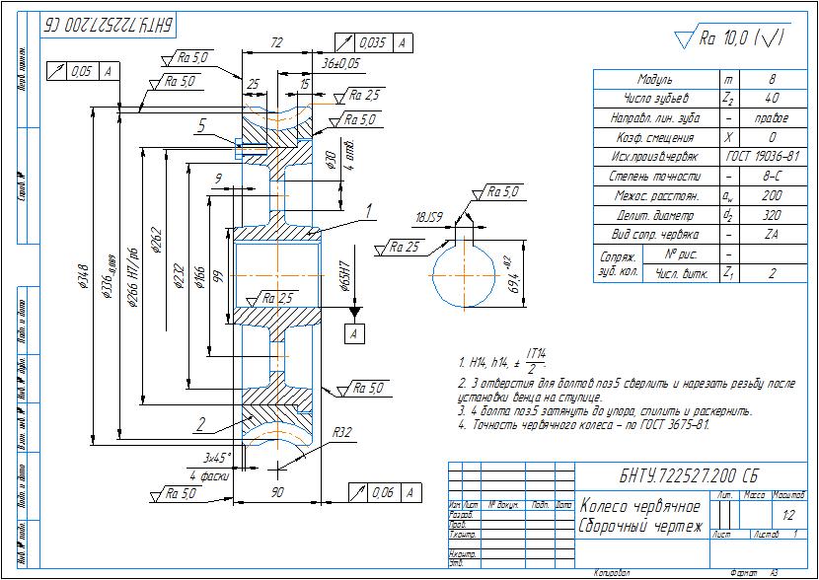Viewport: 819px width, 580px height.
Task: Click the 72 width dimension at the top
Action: coord(276,44)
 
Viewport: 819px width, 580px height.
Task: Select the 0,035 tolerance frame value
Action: coord(372,42)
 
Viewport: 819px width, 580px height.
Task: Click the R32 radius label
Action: coord(343,432)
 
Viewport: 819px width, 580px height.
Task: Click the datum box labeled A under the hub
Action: coord(352,334)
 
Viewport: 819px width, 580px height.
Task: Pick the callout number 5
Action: coord(200,126)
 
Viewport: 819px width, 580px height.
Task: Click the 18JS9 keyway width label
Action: coord(429,217)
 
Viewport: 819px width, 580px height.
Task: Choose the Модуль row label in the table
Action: coord(655,79)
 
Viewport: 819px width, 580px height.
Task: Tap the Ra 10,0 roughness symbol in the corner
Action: coord(728,38)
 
